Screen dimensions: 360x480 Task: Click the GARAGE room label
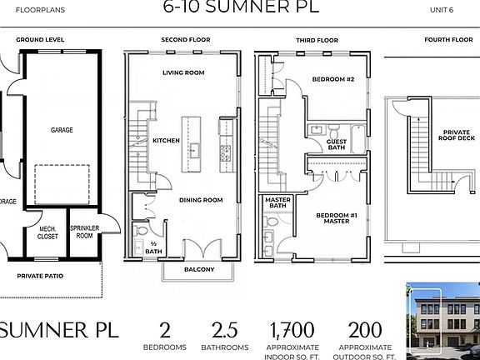(x=62, y=130)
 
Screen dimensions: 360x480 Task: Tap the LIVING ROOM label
(x=183, y=72)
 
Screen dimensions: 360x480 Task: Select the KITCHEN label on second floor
(x=166, y=141)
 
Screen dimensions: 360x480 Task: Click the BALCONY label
(x=198, y=269)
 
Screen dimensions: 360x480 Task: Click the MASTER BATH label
(x=277, y=205)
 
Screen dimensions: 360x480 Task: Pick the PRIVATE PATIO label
(x=41, y=275)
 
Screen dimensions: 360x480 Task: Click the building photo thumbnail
(x=442, y=315)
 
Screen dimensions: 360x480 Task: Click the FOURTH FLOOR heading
(x=447, y=39)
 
